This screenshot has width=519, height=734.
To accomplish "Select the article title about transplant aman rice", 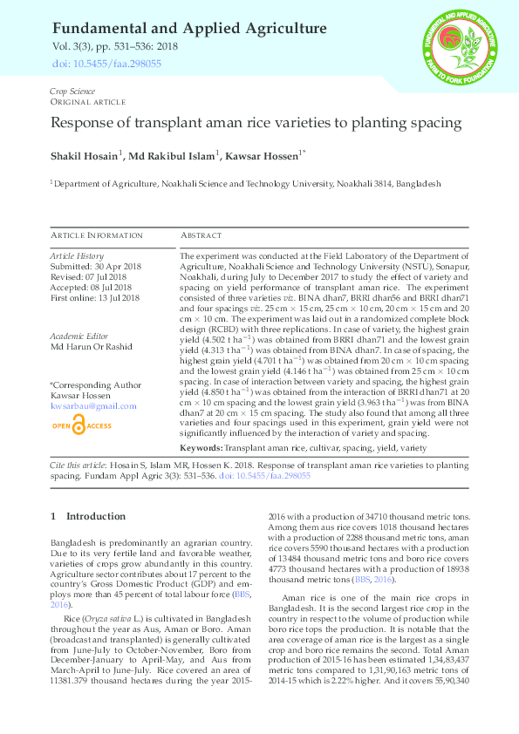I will click(256, 124).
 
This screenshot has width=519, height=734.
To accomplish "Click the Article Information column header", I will click(96, 236).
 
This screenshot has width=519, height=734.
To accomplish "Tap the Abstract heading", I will click(201, 236).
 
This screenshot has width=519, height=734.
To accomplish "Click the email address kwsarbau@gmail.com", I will click(93, 406).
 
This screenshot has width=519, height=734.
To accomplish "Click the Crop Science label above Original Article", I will click(72, 92).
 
